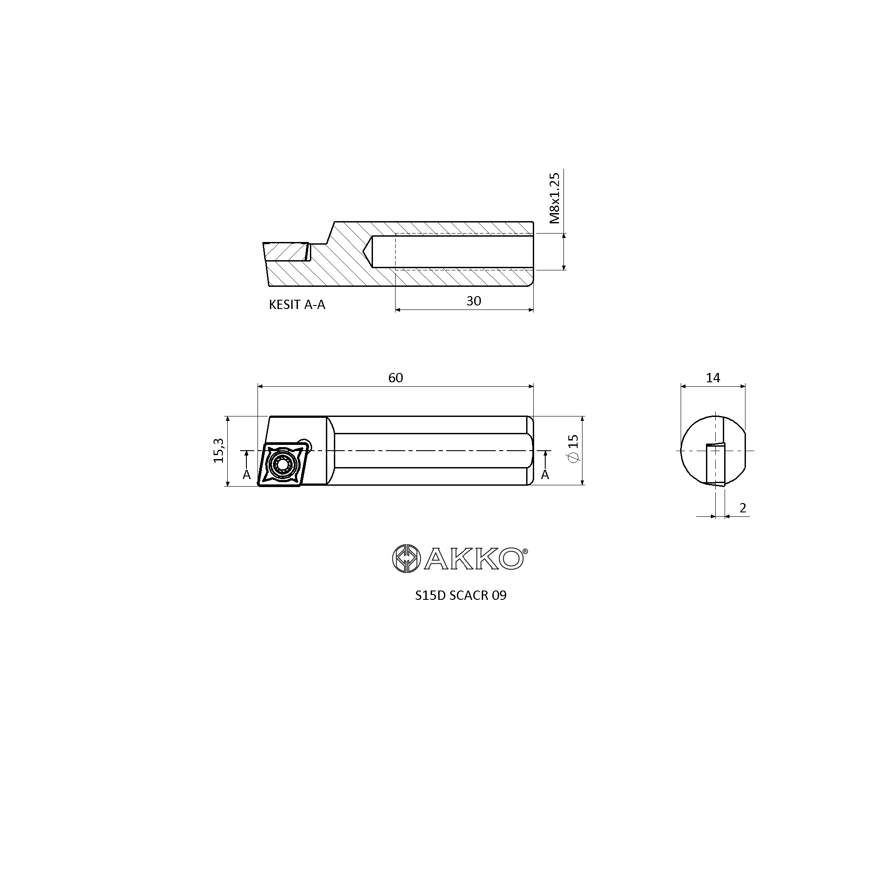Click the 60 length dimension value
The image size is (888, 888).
click(x=395, y=378)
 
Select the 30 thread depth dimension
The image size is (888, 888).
click(x=473, y=301)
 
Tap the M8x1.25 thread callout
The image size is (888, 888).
click(x=555, y=198)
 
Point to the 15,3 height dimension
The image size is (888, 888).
click(x=219, y=450)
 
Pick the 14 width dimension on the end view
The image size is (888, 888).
click(x=713, y=378)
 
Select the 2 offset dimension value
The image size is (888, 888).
click(x=743, y=508)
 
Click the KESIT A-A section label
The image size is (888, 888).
click(x=297, y=305)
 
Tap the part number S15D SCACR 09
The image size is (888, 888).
click(x=460, y=596)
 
